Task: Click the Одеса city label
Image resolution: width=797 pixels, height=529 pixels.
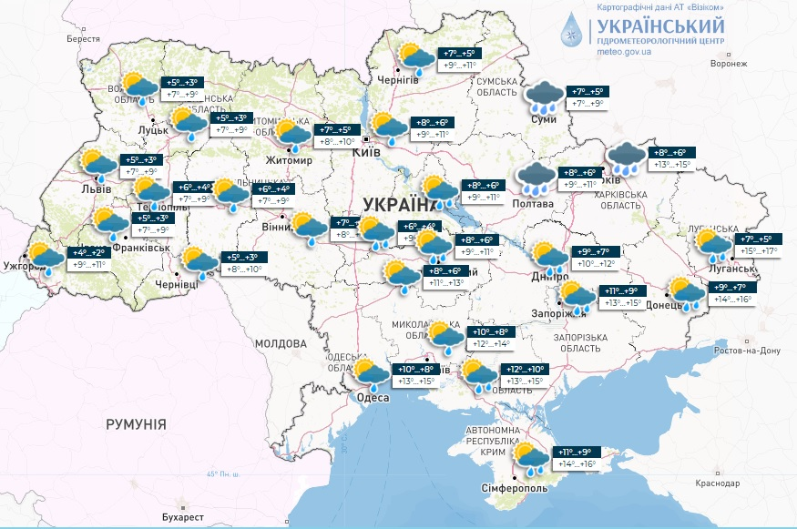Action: pyautogui.click(x=373, y=398)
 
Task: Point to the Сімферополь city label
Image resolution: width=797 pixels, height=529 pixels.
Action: pyautogui.click(x=514, y=488)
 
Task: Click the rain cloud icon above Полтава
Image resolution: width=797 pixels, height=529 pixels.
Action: pyautogui.click(x=536, y=178)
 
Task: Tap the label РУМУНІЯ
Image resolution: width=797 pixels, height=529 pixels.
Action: pyautogui.click(x=136, y=424)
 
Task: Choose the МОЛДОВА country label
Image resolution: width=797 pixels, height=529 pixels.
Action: pyautogui.click(x=281, y=344)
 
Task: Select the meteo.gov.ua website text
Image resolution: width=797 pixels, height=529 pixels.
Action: pyautogui.click(x=624, y=53)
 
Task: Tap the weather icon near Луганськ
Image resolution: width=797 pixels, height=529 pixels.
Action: pyautogui.click(x=713, y=244)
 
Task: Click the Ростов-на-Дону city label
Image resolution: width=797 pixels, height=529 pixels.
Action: pyautogui.click(x=747, y=351)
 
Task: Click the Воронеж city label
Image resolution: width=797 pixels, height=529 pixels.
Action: pyautogui.click(x=729, y=64)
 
